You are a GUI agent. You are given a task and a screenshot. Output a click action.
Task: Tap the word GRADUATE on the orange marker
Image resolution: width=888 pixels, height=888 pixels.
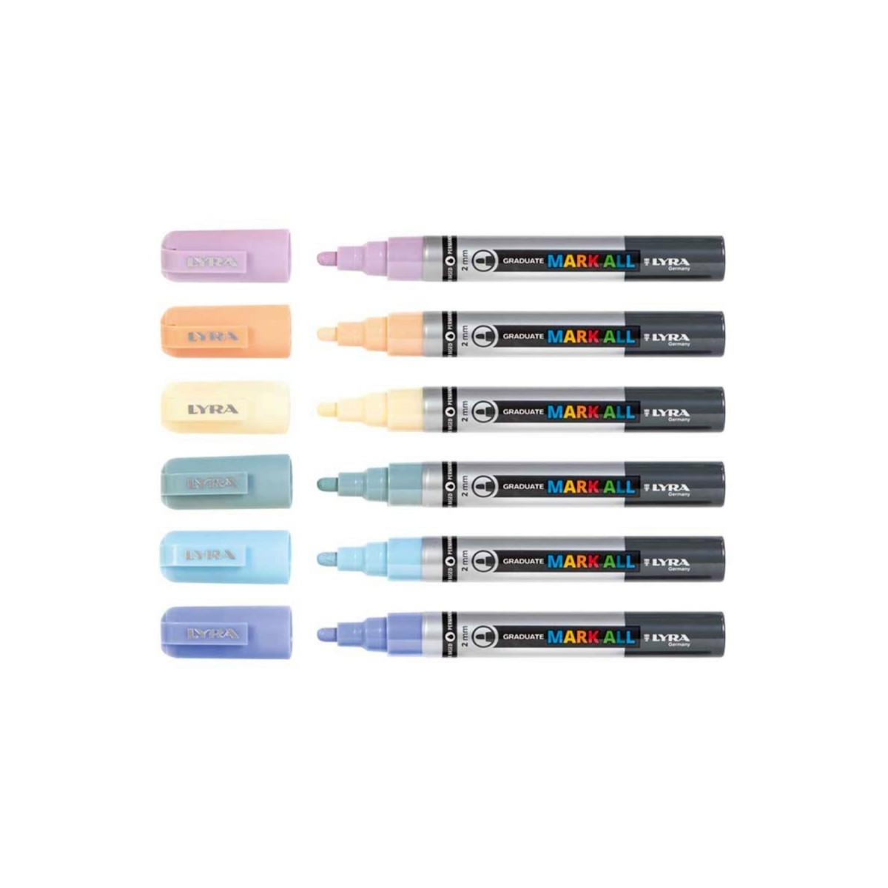[x=523, y=336]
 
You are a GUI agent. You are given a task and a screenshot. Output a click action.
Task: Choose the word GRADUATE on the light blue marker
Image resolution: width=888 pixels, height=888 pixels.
[x=523, y=562]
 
